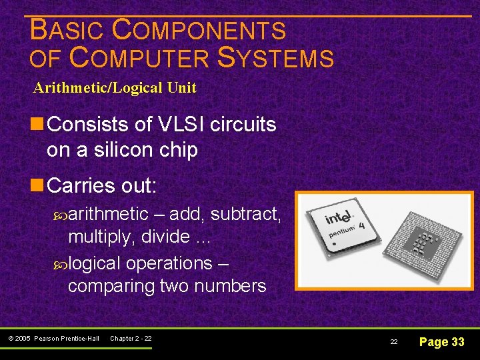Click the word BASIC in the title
[67, 31]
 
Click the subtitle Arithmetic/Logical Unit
[115, 87]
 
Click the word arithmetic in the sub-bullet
[108, 213]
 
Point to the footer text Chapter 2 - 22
[131, 339]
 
